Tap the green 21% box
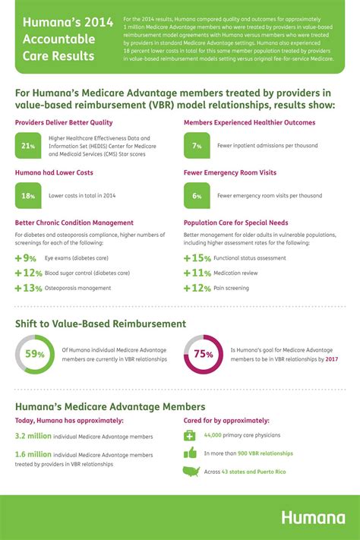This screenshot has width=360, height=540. point(29,144)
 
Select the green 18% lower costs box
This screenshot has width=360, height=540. point(29,195)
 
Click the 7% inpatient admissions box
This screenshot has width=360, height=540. point(197,144)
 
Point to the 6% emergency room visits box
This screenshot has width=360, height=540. point(197,195)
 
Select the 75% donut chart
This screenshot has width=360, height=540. point(203,353)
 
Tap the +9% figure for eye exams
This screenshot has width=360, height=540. point(28,258)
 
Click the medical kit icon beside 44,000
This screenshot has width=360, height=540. point(190,435)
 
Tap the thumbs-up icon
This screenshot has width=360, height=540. point(190,453)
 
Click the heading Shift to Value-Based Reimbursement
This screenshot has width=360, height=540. point(100,324)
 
